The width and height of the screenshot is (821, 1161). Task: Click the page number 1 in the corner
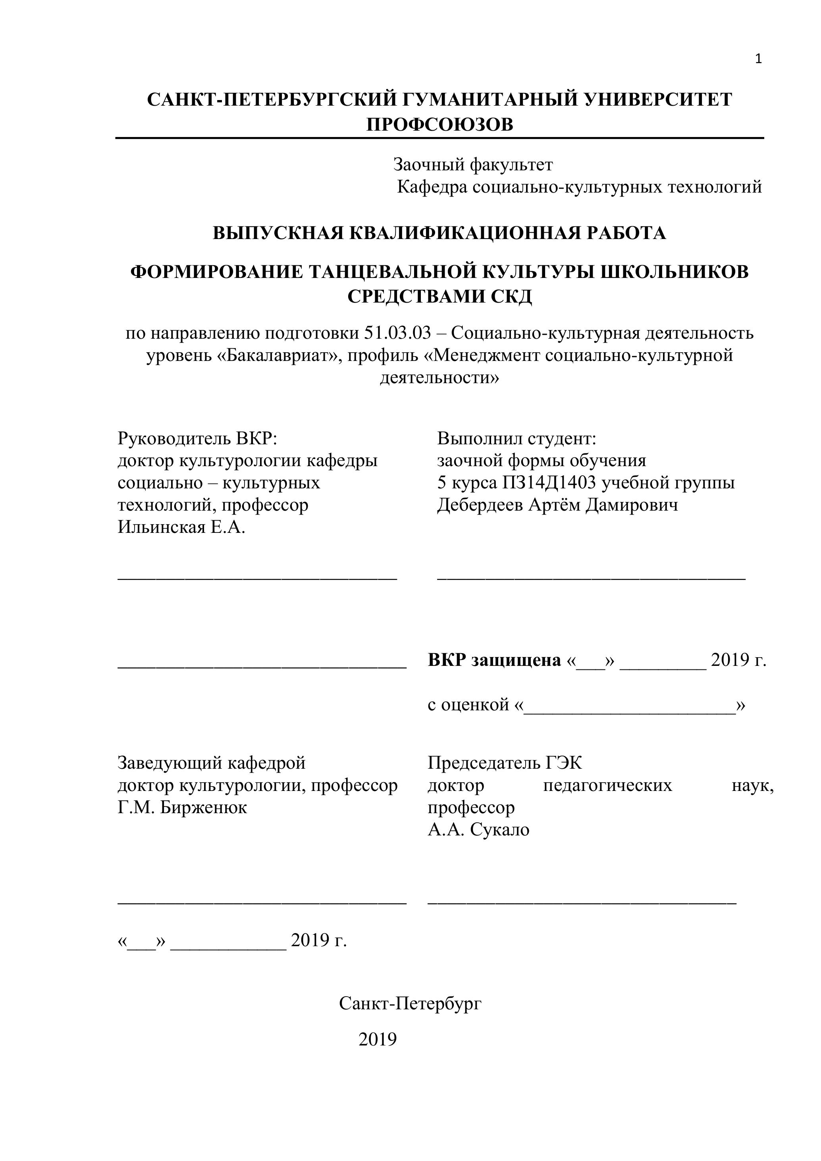[758, 60]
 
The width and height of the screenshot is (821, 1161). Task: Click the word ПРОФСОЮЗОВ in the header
[439, 124]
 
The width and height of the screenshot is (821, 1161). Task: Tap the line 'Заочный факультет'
[473, 164]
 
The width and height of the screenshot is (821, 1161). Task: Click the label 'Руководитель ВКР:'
[198, 438]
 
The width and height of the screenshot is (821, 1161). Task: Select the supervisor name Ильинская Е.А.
[181, 527]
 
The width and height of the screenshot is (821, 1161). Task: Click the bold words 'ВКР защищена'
[494, 660]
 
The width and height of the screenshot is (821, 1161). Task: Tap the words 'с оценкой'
[468, 704]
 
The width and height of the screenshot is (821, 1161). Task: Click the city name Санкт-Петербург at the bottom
[410, 1003]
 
